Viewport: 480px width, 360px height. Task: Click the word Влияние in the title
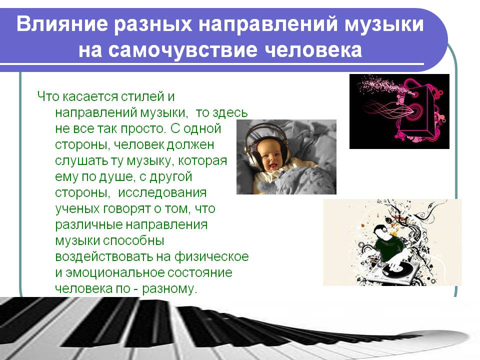(x=62, y=24)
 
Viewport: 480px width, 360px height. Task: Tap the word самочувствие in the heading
(x=183, y=50)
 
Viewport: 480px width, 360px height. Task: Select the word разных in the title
(x=153, y=24)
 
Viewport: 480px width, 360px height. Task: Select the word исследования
(x=162, y=193)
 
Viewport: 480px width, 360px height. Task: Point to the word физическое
(x=211, y=256)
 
